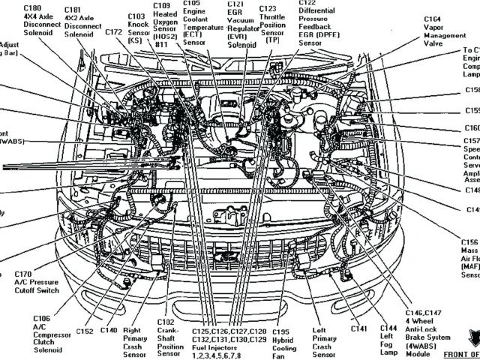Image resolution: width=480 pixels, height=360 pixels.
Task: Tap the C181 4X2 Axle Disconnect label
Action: point(82,23)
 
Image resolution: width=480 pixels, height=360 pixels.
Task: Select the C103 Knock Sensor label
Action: point(136,26)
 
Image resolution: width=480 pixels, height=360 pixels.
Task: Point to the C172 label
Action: point(113,32)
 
